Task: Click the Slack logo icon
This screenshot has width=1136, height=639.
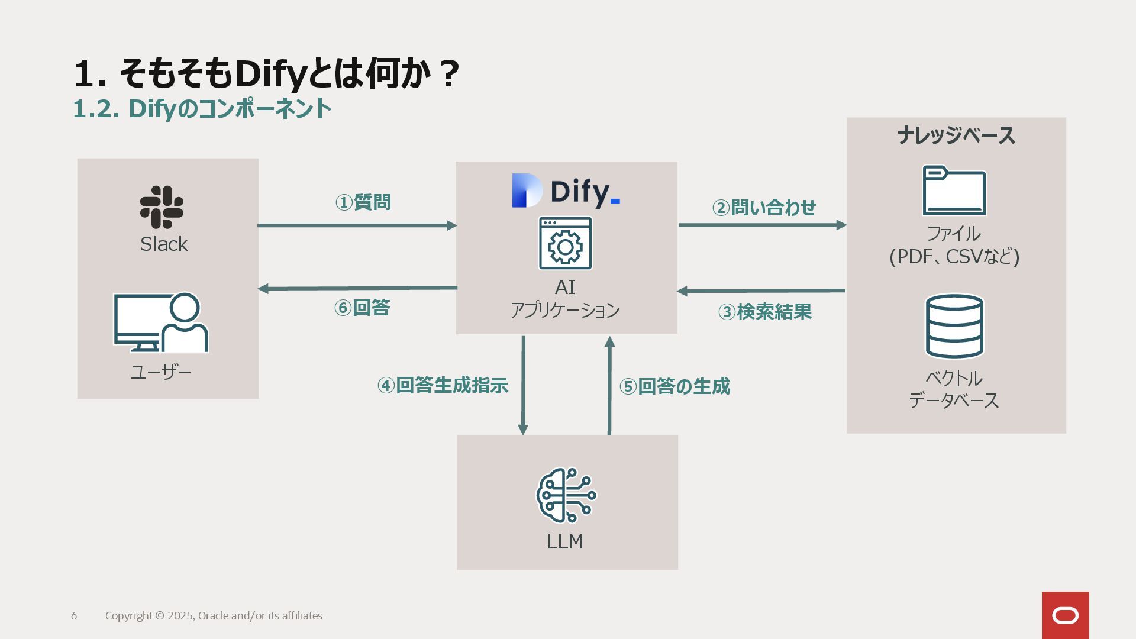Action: [162, 207]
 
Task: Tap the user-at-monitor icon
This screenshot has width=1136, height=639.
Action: [161, 322]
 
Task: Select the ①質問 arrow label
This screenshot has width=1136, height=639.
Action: [363, 202]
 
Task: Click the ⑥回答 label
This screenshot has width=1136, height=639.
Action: [362, 308]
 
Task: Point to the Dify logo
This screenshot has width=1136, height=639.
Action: [566, 191]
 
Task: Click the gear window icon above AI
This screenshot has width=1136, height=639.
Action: [565, 243]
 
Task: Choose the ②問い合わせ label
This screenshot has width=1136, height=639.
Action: [764, 208]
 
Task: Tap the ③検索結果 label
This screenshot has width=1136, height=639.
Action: [764, 312]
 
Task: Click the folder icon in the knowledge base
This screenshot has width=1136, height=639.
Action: [954, 191]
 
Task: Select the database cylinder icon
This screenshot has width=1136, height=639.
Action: [954, 326]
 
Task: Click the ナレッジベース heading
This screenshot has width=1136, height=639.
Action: [956, 135]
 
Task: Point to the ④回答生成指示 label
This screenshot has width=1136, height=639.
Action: [443, 386]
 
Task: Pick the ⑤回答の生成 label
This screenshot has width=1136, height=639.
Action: [674, 386]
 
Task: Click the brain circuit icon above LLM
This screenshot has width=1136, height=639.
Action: [566, 495]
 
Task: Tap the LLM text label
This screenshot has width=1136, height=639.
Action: [565, 541]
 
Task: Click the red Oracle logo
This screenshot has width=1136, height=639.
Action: [1065, 615]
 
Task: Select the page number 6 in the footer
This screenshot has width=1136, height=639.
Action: [74, 616]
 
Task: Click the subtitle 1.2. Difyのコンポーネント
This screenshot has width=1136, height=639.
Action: [202, 108]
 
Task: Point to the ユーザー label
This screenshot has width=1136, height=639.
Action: [161, 372]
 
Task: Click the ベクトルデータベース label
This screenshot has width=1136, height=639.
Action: [954, 389]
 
